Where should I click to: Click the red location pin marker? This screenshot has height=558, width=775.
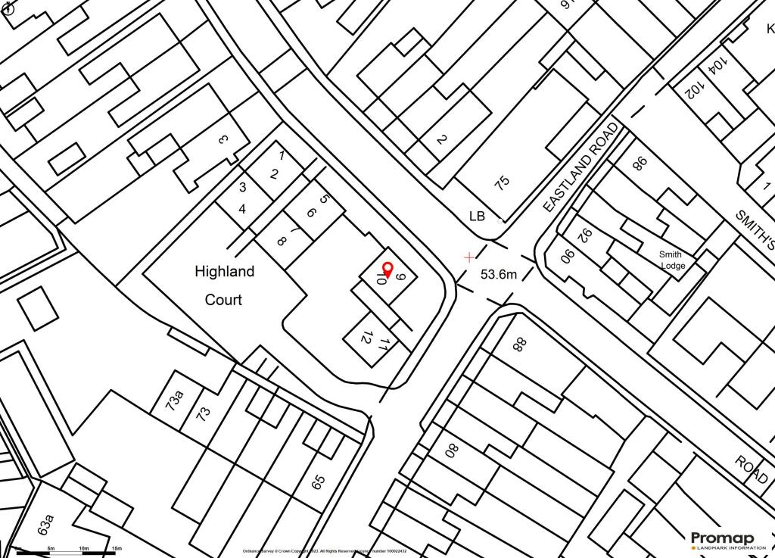pos(387,269)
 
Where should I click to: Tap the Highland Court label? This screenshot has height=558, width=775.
pos(224,285)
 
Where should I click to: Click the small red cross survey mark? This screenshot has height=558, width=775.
pos(470,257)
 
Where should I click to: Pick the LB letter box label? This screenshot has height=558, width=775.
pos(477,217)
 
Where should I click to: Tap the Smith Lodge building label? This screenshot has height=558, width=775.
pos(671,260)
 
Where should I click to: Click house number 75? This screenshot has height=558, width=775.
pos(502,182)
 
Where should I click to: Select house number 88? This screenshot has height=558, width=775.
pos(519,344)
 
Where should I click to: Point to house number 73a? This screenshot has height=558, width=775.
pos(175,399)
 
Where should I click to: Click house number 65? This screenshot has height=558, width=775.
pos(318,481)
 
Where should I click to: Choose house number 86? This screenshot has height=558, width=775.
pos(640,163)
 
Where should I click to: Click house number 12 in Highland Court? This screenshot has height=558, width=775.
pos(366,338)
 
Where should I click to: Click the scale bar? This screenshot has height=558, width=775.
pos(68,553)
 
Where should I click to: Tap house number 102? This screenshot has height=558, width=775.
pos(692,89)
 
